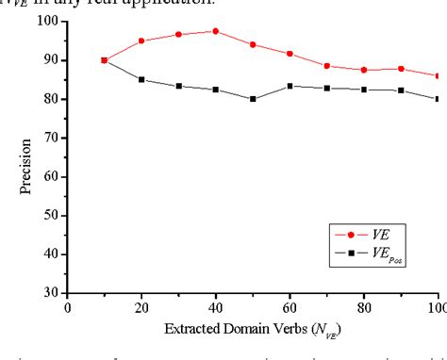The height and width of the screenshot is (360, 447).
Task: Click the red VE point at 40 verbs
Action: (x=215, y=31)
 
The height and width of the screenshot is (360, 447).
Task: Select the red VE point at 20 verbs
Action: (x=141, y=41)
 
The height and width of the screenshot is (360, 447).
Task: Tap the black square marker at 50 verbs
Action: (x=253, y=99)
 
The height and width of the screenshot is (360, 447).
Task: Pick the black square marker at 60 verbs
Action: (x=290, y=86)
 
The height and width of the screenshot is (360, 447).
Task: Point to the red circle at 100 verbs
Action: (x=438, y=75)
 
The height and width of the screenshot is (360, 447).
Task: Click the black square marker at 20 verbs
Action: (x=141, y=79)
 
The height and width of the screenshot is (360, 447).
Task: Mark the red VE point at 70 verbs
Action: (x=326, y=66)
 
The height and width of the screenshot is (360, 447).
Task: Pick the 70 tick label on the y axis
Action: (x=53, y=138)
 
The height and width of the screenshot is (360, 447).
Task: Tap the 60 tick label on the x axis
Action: (x=290, y=307)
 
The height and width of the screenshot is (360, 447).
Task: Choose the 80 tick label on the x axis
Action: (x=364, y=307)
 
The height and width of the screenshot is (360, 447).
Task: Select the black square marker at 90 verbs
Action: (x=401, y=90)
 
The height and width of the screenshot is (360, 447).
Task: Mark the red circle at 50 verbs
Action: (x=253, y=44)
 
